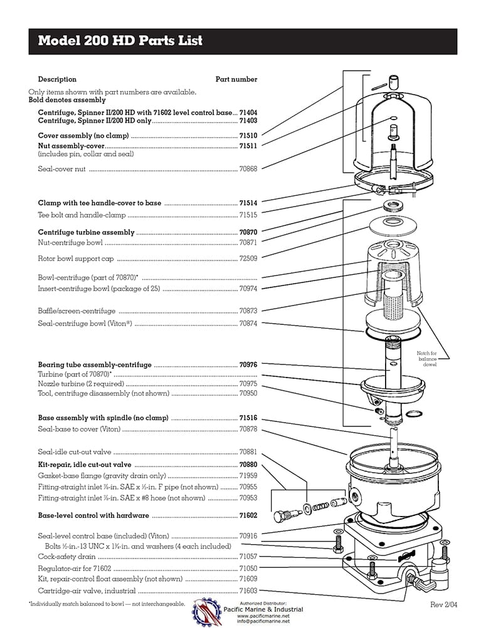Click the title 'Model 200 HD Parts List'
point(120,41)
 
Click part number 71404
point(248,112)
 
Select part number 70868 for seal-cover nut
point(248,168)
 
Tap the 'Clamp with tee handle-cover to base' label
point(99,203)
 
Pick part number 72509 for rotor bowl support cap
point(248,258)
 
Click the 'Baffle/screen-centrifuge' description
point(77,311)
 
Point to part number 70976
point(248,364)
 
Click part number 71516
point(248,418)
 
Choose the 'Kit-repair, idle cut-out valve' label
point(85,465)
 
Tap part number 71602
point(248,515)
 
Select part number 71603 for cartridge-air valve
point(248,590)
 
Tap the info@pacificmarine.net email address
point(263,622)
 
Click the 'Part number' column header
point(236,80)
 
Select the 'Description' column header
point(57,80)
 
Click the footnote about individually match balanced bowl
point(107,604)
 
